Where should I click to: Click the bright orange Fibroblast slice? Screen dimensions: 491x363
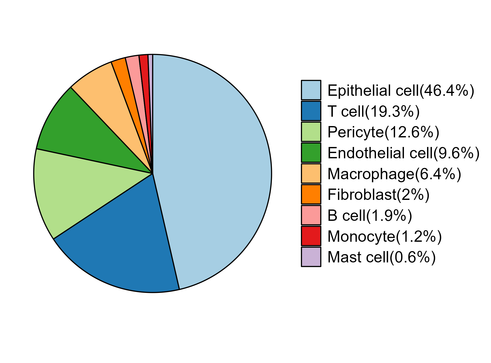[x=126, y=83]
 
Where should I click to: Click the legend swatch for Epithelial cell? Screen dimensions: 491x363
[x=311, y=90]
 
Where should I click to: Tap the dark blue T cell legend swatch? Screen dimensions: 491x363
[x=311, y=111]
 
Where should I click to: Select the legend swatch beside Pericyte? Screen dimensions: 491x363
[x=311, y=132]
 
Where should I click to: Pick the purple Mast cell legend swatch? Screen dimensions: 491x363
[x=311, y=257]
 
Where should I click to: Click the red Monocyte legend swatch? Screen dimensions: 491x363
[x=311, y=236]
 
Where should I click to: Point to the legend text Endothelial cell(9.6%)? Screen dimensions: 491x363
[x=403, y=153]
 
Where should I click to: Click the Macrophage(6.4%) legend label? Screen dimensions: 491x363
[x=394, y=174]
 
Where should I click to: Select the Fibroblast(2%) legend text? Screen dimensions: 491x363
[x=378, y=195]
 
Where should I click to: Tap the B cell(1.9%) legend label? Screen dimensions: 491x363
[x=370, y=216]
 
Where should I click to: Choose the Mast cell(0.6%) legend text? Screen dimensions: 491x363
[x=382, y=257]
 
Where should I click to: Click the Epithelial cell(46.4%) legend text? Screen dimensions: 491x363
[x=401, y=90]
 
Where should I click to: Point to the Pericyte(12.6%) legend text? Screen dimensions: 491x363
[x=383, y=132]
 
